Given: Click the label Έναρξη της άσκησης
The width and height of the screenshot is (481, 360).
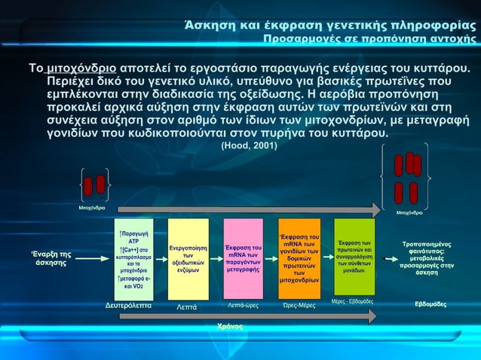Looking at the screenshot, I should click(x=51, y=258).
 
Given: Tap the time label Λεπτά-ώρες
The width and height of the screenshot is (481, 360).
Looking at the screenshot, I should click(x=243, y=306).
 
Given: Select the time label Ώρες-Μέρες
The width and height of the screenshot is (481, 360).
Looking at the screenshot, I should click(x=299, y=306).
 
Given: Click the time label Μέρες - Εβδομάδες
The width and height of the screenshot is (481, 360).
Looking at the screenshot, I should click(x=353, y=301).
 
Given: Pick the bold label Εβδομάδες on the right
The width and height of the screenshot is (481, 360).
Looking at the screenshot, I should click(x=430, y=304).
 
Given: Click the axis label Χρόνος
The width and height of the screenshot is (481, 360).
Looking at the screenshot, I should click(x=229, y=326).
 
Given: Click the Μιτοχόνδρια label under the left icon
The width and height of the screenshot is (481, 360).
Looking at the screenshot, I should click(x=92, y=208).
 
